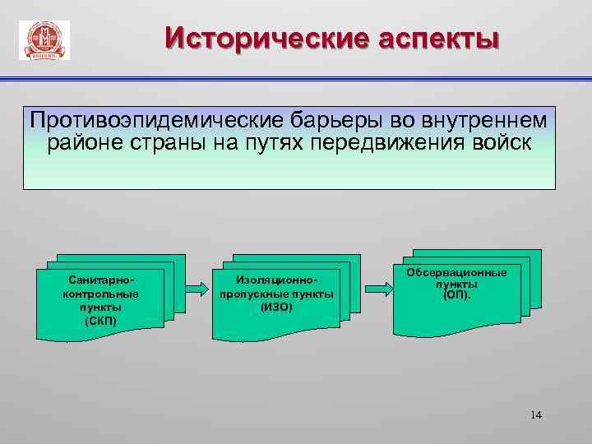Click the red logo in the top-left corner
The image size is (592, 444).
pyautogui.click(x=44, y=40)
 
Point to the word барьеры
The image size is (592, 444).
pyautogui.click(x=303, y=121)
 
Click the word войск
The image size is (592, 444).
pyautogui.click(x=498, y=142)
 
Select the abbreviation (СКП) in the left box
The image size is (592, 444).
pyautogui.click(x=100, y=320)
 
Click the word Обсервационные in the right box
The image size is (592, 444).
pyautogui.click(x=457, y=273)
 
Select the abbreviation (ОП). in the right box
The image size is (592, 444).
pyautogui.click(x=457, y=295)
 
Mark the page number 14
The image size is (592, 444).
pyautogui.click(x=536, y=414)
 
